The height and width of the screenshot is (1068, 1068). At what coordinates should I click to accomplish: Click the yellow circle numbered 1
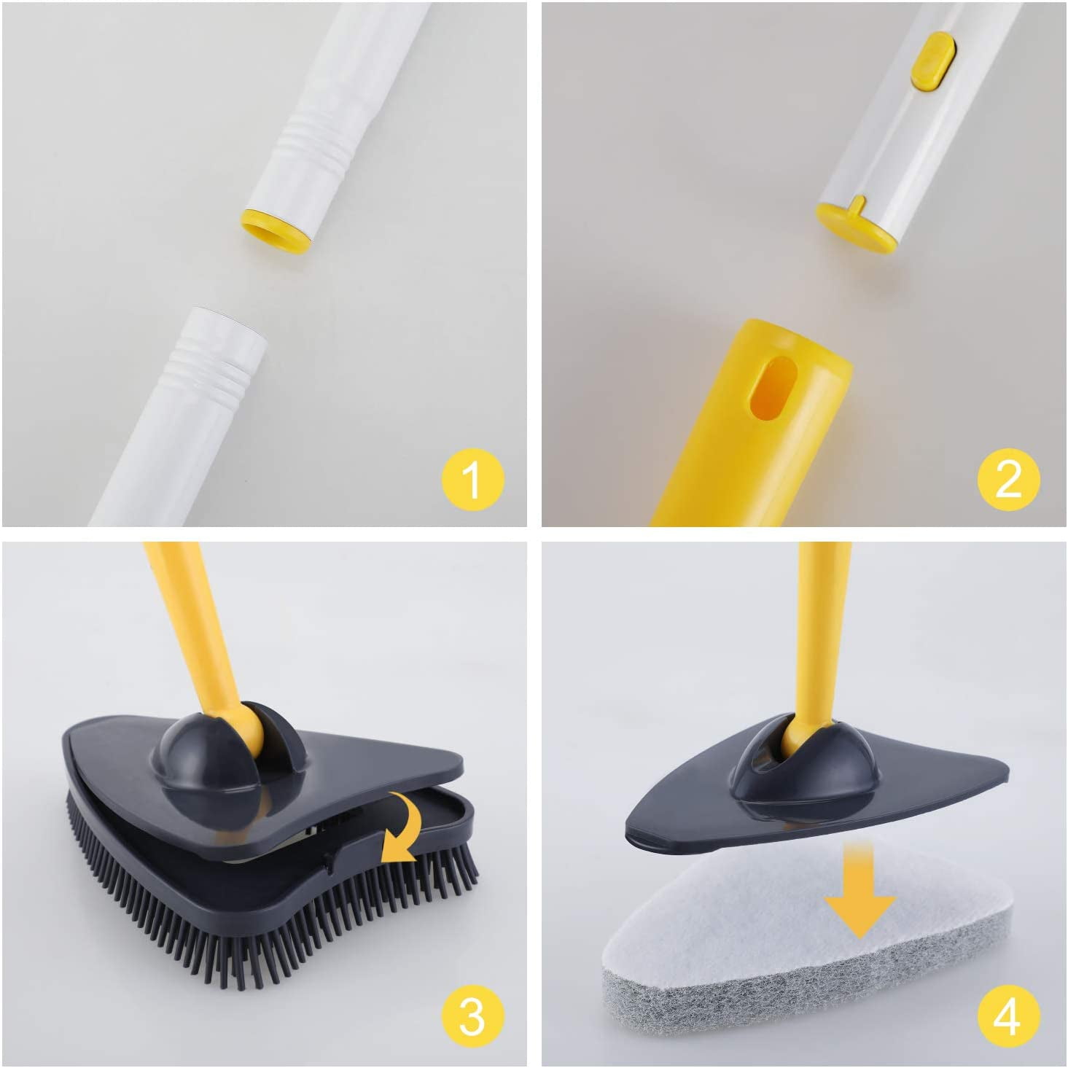tap(472, 479)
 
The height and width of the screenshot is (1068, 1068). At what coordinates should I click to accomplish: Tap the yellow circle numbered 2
tap(1008, 479)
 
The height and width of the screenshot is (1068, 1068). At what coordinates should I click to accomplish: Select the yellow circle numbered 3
tap(472, 1016)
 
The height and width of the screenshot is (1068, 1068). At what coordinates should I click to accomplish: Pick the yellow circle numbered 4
tap(1008, 1016)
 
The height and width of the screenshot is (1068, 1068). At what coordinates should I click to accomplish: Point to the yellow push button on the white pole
tap(932, 61)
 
